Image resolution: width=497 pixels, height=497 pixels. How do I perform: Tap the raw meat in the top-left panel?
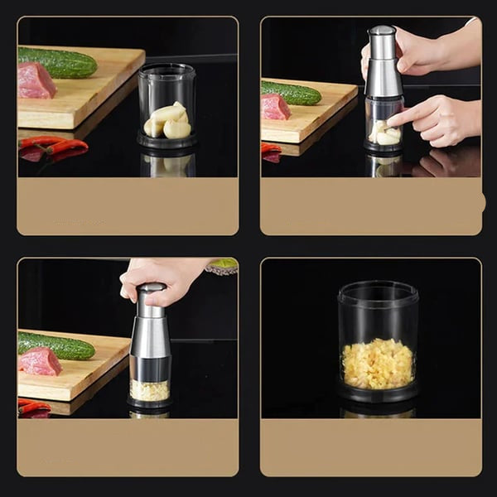pos(36,80)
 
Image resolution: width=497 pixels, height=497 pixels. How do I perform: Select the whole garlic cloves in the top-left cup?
pos(168,122)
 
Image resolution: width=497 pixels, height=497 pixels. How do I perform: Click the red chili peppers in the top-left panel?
pos(55,147)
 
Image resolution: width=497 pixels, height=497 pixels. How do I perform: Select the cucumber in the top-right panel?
pos(292,92)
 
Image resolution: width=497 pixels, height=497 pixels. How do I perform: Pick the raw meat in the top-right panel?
pos(275,106)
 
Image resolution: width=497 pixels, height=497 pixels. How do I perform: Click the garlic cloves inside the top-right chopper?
pos(384,133)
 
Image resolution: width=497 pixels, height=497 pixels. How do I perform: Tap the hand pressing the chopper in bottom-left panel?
pos(162,277)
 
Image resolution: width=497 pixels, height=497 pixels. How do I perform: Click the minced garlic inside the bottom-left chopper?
pos(150,389)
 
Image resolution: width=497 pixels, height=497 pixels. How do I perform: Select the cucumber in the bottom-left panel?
pos(56,345)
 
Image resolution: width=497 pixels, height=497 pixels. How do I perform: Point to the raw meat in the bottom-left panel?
pos(41,361)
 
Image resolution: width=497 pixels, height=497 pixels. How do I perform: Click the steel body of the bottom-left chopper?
pos(150,335)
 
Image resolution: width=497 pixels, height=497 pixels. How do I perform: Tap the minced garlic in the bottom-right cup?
pos(377,363)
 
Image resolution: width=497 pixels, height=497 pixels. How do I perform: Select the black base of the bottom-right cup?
pos(378,393)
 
